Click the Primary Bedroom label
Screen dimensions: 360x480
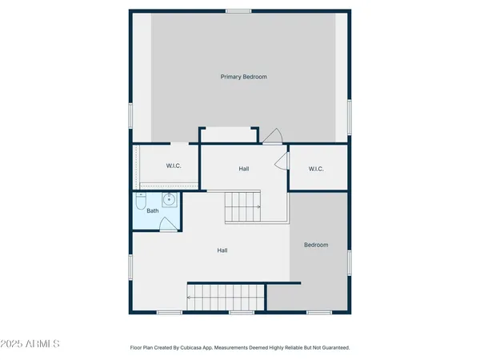243,77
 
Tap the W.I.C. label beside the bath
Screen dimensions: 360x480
174,166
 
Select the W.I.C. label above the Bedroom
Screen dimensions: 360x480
315,169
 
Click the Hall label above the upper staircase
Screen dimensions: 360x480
243,169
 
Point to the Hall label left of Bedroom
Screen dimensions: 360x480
222,250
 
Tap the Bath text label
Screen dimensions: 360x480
152,211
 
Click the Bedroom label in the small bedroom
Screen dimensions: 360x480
316,245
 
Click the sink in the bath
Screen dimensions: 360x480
170,199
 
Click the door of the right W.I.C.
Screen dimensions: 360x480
281,162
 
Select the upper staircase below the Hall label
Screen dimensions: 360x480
242,207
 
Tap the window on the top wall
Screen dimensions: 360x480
238,10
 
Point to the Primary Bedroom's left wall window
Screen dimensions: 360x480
130,115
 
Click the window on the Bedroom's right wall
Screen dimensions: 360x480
350,262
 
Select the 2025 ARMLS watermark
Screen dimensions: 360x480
31,344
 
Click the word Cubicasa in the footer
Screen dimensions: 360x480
208,348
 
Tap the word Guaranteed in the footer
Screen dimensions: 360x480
332,348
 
